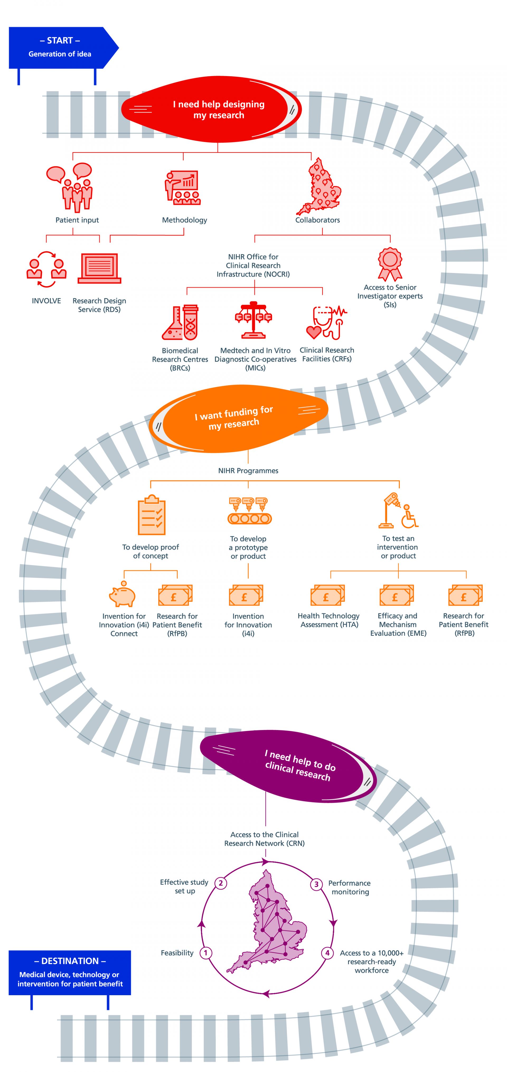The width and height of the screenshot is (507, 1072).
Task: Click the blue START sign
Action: pos(60,48)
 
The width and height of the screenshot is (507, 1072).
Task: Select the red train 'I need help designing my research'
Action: pos(212,110)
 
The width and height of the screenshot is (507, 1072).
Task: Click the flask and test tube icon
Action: pos(180,322)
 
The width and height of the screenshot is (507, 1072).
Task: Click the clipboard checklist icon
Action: pos(152,515)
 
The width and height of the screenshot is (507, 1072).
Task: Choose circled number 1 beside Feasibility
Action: pos(206,953)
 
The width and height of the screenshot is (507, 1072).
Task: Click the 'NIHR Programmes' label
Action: pos(248,471)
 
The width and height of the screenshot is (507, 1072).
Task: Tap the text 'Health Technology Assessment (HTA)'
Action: pos(328,620)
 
